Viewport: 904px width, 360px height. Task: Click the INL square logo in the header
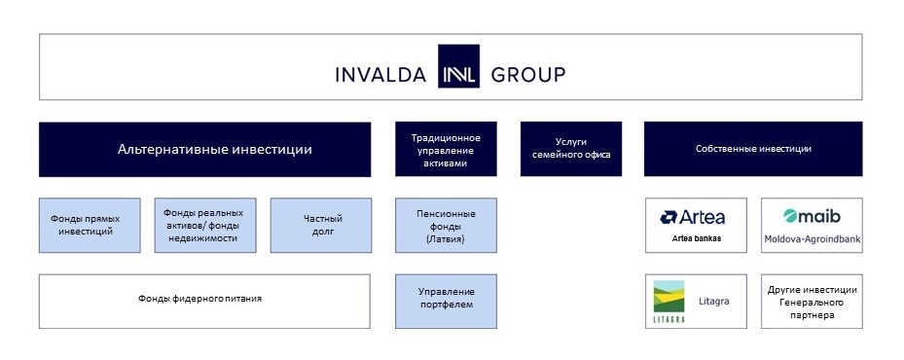point(458,66)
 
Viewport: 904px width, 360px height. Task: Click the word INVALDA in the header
point(380,75)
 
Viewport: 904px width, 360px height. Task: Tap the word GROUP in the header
point(528,75)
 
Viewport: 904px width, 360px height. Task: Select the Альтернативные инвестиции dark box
point(204,150)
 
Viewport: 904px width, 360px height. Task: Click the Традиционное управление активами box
point(446,149)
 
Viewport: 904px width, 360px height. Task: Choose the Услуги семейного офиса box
point(571,149)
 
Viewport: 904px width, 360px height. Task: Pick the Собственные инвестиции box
point(753,149)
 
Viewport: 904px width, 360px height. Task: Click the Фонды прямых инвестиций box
point(90,225)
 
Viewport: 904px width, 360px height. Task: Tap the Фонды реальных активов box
point(205,225)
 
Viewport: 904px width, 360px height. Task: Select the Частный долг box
point(321,225)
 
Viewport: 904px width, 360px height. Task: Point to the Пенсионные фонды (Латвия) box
point(446,225)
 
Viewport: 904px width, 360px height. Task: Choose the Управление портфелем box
point(446,302)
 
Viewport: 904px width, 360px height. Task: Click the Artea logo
point(693,217)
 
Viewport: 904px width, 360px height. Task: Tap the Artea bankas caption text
point(697,237)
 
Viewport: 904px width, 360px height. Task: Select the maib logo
point(812,216)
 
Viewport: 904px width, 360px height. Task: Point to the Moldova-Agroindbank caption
point(813,238)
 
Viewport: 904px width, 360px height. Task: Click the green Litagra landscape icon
point(669,297)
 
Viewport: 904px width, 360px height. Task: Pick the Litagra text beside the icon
point(713,302)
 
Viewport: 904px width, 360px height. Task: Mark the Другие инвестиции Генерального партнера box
point(812,302)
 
